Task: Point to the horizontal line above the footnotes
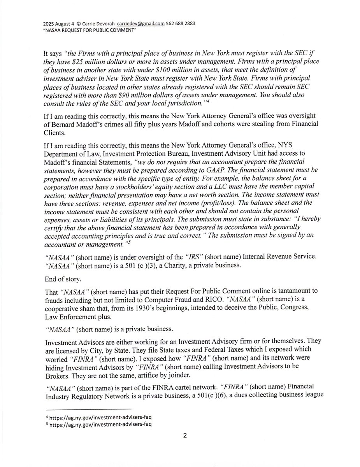(88, 409)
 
